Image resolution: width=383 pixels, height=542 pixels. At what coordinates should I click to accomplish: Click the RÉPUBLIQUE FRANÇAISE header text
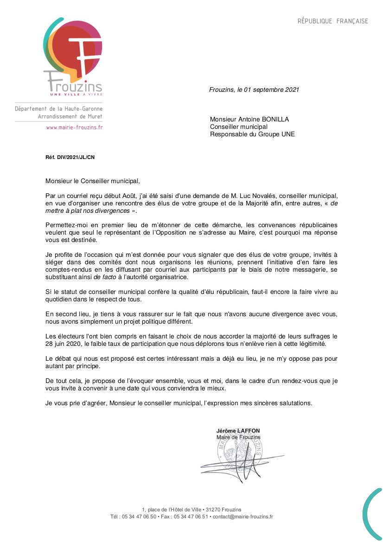[x=332, y=21]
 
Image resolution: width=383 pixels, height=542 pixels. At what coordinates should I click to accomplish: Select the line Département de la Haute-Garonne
[x=58, y=108]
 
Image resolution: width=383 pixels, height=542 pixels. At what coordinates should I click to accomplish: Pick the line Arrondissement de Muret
[x=70, y=116]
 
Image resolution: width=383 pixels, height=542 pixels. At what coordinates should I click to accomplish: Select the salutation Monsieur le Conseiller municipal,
[x=92, y=180]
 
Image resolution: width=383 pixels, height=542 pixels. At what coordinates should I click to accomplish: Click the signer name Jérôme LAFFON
[x=238, y=431]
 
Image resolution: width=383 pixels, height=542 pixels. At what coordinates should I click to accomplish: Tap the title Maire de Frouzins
[x=238, y=437]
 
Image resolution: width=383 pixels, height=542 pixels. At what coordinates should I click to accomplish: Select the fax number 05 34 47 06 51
[x=191, y=516]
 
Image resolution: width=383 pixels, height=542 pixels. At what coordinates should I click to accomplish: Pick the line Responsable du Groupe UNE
[x=252, y=134]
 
